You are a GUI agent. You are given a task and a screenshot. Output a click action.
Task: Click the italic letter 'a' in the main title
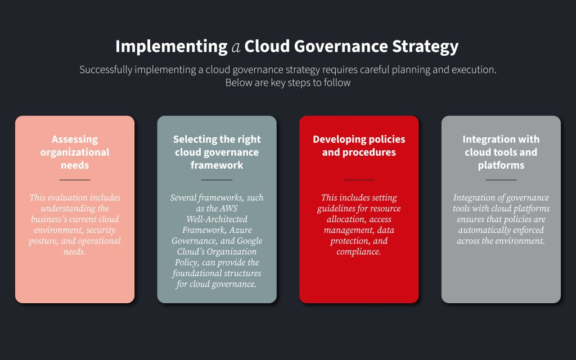236,47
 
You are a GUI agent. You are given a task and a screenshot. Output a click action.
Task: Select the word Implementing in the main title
171,47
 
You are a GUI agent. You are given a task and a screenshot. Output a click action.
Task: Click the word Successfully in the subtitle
106,70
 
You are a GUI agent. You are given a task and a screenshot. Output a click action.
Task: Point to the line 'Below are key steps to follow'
288,83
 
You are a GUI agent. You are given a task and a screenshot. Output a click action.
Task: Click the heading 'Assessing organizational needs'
75,152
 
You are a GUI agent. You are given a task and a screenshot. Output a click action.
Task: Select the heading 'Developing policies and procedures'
359,146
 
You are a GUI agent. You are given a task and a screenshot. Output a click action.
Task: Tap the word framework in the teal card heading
217,165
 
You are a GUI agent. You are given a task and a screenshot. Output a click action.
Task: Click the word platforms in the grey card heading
501,165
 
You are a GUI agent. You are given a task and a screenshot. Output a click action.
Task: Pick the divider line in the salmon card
75,180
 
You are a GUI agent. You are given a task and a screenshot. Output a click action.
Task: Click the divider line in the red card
359,180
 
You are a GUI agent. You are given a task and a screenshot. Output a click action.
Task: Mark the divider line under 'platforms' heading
501,180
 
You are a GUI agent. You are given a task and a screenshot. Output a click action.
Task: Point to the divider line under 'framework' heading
217,180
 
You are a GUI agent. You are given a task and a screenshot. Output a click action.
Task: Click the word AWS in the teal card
229,209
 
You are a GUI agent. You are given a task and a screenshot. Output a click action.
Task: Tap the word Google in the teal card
250,241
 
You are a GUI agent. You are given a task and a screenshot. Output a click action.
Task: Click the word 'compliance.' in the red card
359,252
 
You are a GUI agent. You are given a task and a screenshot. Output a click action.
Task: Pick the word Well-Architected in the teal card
217,219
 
